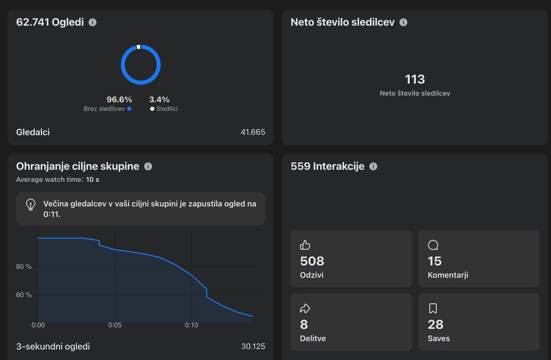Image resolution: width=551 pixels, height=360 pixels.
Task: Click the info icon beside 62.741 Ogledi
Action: (x=93, y=22)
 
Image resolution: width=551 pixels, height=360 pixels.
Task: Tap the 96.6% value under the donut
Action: (x=119, y=100)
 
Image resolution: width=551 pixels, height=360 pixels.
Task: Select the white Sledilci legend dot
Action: (x=152, y=109)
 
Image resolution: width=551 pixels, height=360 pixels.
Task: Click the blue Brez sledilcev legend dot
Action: (x=129, y=109)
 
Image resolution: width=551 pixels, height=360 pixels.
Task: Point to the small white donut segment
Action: (x=138, y=47)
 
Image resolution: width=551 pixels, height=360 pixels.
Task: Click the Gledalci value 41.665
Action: (x=252, y=132)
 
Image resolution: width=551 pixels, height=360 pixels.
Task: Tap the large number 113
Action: (x=415, y=79)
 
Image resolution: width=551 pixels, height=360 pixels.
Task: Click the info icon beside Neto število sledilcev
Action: (x=403, y=22)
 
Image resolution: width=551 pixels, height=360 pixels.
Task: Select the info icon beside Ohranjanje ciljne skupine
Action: (x=148, y=166)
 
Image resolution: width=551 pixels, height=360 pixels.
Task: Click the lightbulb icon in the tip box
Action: (x=31, y=205)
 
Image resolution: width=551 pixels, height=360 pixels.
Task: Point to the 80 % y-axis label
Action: (x=24, y=266)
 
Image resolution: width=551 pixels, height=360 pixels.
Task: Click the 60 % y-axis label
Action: (x=24, y=295)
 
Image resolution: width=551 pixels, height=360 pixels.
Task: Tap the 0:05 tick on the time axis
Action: (x=115, y=325)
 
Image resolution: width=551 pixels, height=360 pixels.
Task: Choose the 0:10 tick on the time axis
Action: (x=191, y=325)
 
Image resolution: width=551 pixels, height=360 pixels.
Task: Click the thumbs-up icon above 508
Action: (x=305, y=245)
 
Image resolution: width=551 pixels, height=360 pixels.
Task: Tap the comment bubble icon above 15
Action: (x=433, y=245)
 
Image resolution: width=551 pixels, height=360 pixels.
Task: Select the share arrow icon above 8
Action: (x=305, y=308)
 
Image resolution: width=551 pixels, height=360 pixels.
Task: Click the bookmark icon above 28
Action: (x=433, y=308)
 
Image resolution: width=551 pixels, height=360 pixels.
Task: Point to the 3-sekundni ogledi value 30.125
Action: (x=253, y=346)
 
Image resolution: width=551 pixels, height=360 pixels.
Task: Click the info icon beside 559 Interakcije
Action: (x=373, y=166)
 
